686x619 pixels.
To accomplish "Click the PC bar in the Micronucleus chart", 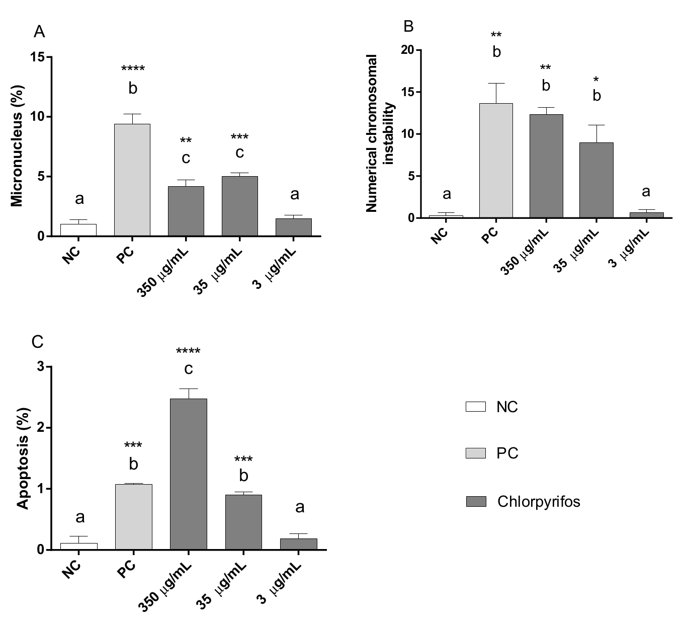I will [132, 180].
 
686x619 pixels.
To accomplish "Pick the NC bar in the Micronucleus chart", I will [78, 230].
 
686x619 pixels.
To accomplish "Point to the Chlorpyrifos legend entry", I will [538, 502].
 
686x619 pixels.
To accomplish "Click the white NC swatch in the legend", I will [475, 407].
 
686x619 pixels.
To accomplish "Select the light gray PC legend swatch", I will [475, 453].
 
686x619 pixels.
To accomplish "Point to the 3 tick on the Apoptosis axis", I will [40, 367].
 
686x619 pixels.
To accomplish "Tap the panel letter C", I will [37, 342].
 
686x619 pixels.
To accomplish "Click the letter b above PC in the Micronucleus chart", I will [132, 89].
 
